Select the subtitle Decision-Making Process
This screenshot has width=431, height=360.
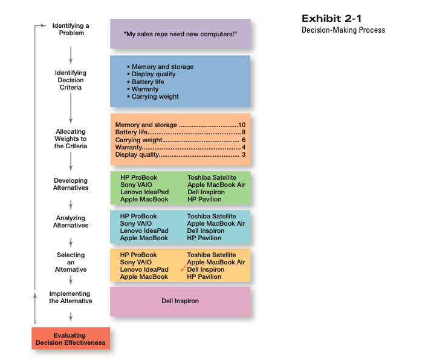343,30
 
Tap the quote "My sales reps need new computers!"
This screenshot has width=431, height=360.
180,34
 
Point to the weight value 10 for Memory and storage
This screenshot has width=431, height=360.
242,125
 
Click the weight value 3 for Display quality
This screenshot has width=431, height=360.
243,154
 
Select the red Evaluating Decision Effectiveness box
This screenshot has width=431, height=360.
71,339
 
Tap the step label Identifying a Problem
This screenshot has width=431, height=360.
71,29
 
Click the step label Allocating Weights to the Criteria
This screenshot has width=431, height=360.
71,139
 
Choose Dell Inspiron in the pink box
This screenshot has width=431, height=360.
180,301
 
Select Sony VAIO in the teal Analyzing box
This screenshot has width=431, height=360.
136,223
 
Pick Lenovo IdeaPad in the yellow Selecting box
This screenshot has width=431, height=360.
144,269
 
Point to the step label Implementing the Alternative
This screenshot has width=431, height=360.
71,297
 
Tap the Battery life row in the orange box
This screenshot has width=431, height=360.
180,132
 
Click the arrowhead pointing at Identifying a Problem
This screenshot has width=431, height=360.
43,25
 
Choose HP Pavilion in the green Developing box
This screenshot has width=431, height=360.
204,199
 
